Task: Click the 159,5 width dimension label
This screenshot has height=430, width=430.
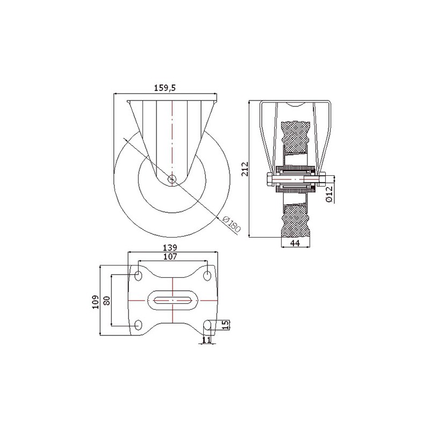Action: point(164,88)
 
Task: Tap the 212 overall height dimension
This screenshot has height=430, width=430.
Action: point(245,169)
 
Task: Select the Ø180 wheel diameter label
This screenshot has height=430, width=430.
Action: point(231,224)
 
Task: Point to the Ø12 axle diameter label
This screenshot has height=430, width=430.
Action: point(329,194)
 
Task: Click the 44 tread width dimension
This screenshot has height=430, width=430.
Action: point(295,243)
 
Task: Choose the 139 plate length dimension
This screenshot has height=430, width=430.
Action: point(170,248)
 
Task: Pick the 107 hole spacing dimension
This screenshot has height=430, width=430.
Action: point(170,257)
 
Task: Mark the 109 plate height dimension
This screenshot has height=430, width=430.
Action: point(96,302)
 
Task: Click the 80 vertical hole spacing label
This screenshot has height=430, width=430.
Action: point(107,300)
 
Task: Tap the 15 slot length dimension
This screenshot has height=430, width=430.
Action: point(225,325)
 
